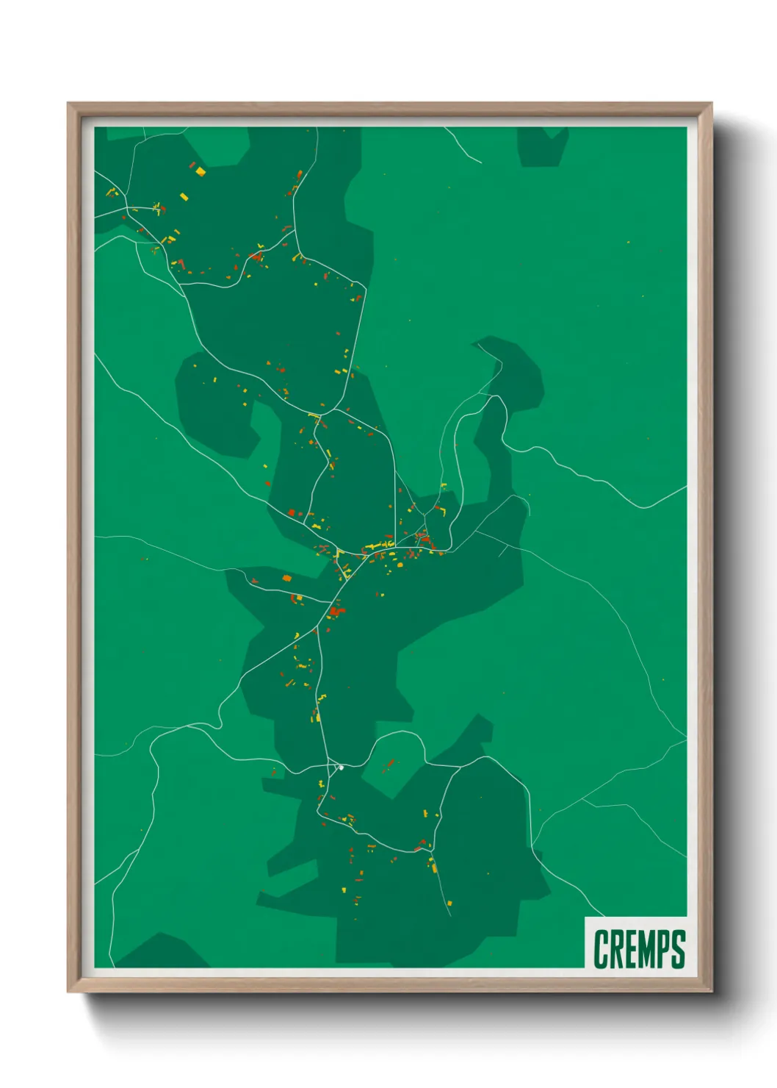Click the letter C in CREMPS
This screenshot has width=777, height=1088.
pyautogui.click(x=602, y=949)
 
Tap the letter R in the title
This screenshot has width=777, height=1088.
pyautogui.click(x=619, y=949)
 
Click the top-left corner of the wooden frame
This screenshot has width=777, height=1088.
pyautogui.click(x=68, y=104)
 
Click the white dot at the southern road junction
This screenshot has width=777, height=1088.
pyautogui.click(x=341, y=767)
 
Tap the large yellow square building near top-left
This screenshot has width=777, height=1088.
pyautogui.click(x=200, y=171)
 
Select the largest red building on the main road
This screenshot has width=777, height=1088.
pyautogui.click(x=336, y=610)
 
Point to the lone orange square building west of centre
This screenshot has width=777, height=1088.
pyautogui.click(x=287, y=579)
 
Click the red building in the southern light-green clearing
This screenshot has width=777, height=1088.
pyautogui.click(x=389, y=764)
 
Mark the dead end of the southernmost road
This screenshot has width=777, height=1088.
pyautogui.click(x=450, y=915)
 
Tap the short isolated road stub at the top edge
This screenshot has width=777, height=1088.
pyautogui.click(x=463, y=143)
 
